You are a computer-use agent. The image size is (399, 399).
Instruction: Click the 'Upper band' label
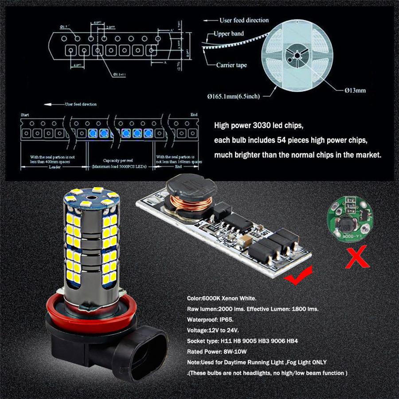(x=229, y=34)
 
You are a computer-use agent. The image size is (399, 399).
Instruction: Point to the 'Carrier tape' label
(x=231, y=65)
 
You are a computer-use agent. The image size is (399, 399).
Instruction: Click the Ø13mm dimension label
(x=355, y=90)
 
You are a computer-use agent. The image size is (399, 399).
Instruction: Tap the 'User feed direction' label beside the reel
(x=244, y=20)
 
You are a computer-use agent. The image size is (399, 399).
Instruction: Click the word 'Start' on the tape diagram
(x=25, y=114)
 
